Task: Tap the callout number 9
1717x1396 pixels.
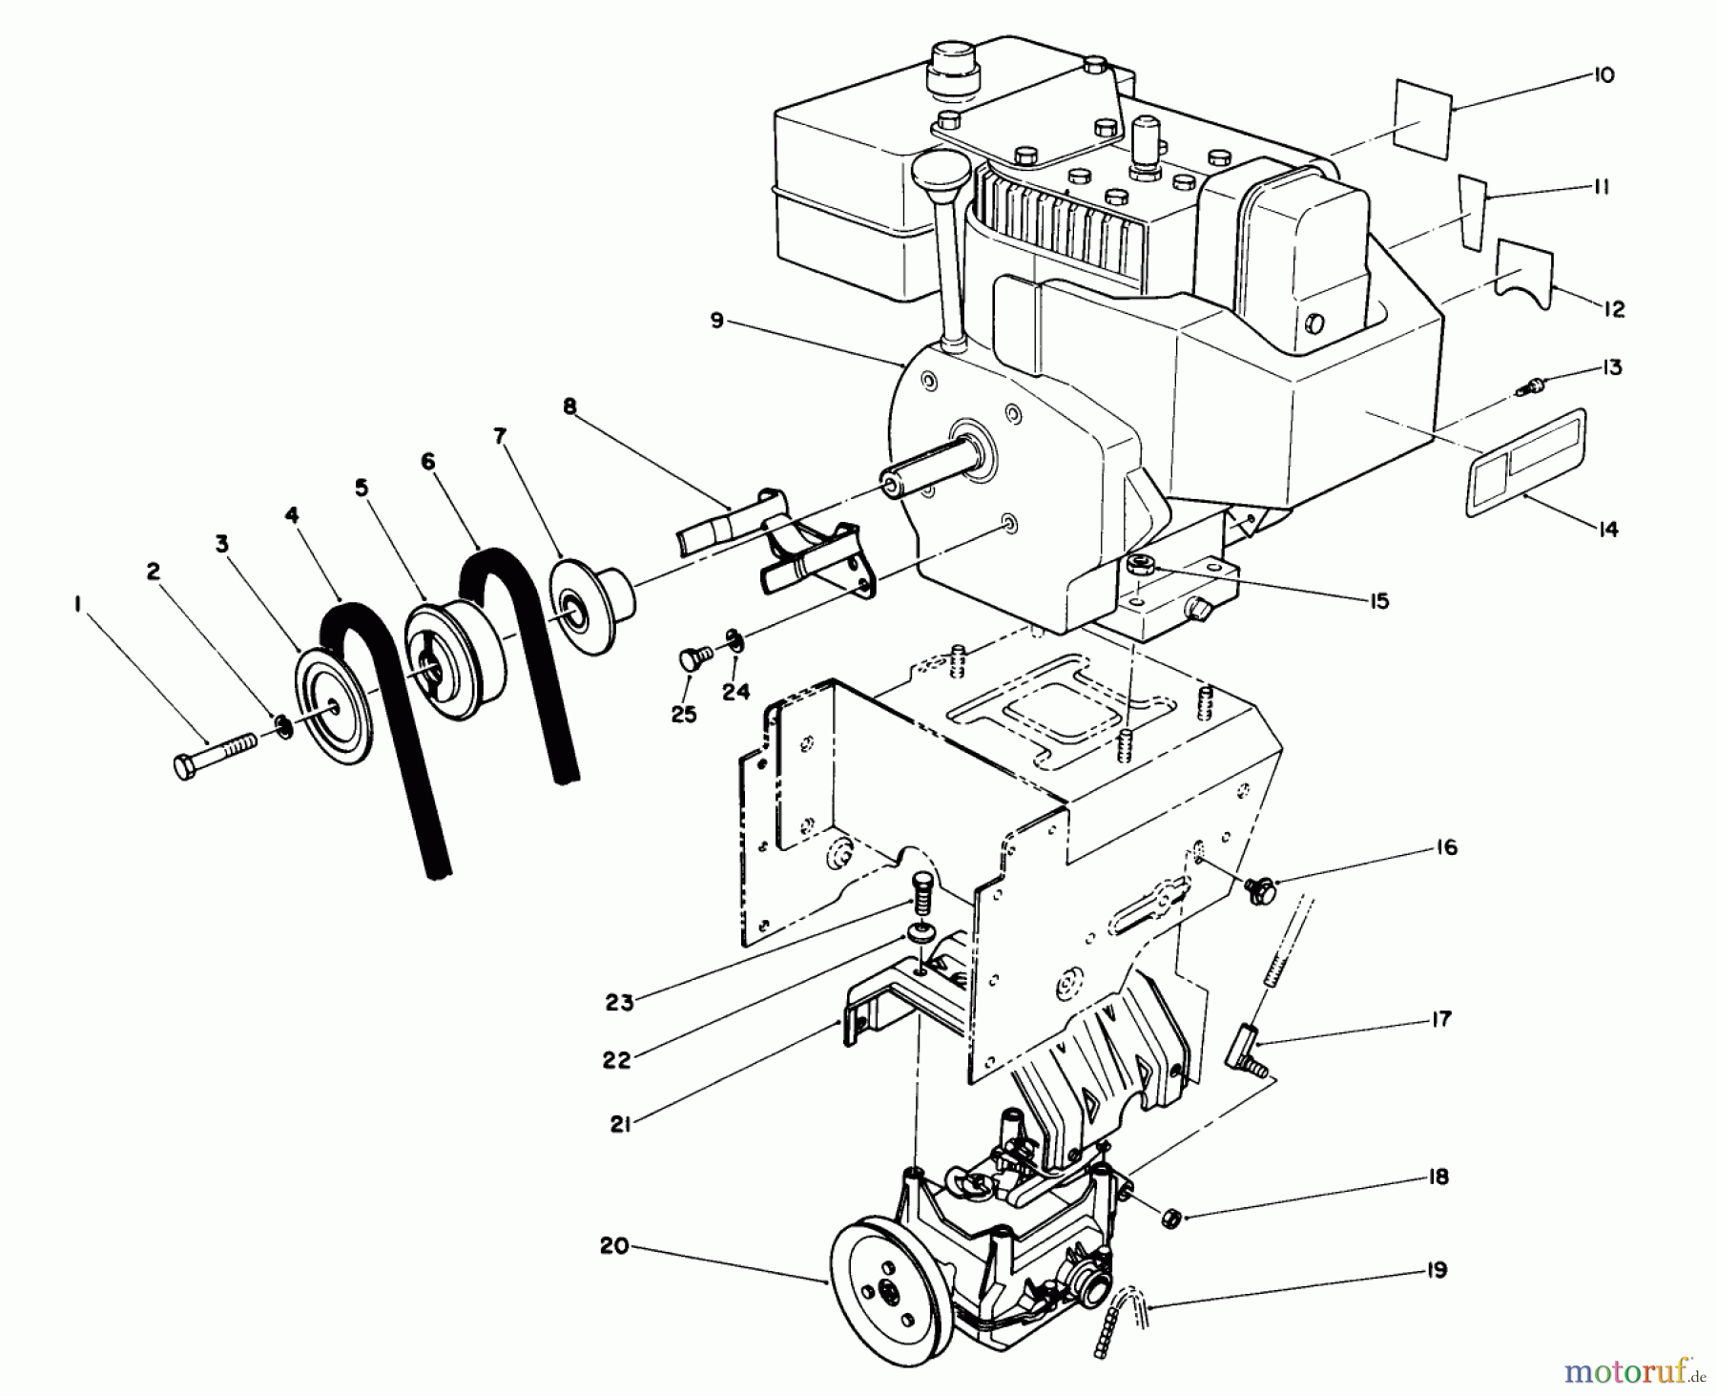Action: click(717, 321)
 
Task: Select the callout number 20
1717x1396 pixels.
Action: click(614, 1246)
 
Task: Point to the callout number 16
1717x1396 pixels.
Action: click(1446, 846)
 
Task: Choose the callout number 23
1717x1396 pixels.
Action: click(619, 1003)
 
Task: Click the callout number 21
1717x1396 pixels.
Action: click(621, 1125)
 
